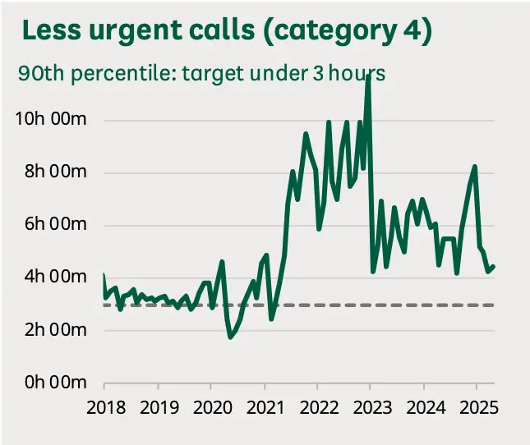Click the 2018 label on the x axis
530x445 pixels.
[106, 407]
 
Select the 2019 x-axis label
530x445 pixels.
[159, 407]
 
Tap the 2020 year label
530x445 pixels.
[213, 407]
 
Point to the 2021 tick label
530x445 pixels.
[265, 407]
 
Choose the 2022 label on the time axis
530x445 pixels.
[319, 407]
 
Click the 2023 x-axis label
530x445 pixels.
[372, 407]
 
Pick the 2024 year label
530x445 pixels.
[426, 407]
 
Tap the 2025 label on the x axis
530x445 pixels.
[479, 407]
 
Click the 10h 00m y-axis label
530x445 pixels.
[51, 119]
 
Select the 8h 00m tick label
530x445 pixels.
[55, 172]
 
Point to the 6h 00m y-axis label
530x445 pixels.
[55, 224]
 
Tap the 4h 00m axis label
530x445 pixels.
[55, 277]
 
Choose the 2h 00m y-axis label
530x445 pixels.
[55, 329]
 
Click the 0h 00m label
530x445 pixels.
[55, 383]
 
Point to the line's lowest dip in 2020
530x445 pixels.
[231, 337]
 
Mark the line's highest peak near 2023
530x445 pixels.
[368, 76]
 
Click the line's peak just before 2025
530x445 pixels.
[475, 167]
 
